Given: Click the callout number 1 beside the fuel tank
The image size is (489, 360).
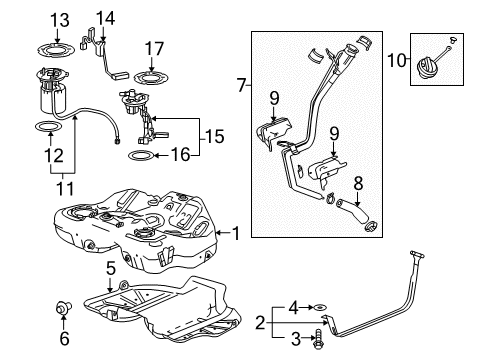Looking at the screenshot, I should click(x=237, y=233).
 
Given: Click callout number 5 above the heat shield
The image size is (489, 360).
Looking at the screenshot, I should click(x=112, y=268).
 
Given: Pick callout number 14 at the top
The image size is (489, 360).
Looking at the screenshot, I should click(x=104, y=17).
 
